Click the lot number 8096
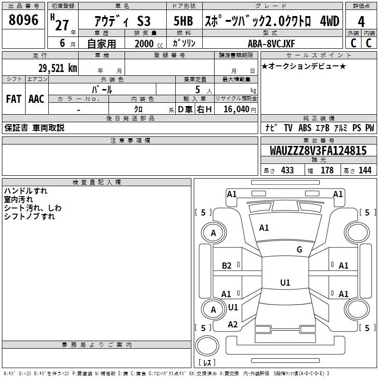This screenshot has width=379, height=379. pyautogui.click(x=23, y=20)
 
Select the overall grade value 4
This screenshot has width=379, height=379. pyautogui.click(x=361, y=22)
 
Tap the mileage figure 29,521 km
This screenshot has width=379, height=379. pyautogui.click(x=57, y=68)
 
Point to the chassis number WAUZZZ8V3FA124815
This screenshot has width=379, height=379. pyautogui.click(x=318, y=151)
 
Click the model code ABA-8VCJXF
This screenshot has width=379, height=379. pyautogui.click(x=271, y=44)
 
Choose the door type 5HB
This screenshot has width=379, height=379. pyautogui.click(x=183, y=21)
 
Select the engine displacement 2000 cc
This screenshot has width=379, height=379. pyautogui.click(x=149, y=44)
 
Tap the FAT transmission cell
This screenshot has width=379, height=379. pyautogui.click(x=14, y=99)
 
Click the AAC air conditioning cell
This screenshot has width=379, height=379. pyautogui.click(x=36, y=99)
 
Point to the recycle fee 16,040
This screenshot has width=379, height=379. pyautogui.click(x=236, y=109)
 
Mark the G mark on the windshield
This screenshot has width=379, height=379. pyautogui.click(x=299, y=250)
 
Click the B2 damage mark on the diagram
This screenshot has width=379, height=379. pyautogui.click(x=226, y=266)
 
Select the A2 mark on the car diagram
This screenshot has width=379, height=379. pyautogui.click(x=233, y=325)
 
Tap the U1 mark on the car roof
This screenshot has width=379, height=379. pyautogui.click(x=285, y=282)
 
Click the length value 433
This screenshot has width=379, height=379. pyautogui.click(x=288, y=171)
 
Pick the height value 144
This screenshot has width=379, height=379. pyautogui.click(x=365, y=171)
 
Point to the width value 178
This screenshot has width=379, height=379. pyautogui.click(x=327, y=171)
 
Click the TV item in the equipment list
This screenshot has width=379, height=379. pyautogui.click(x=288, y=128)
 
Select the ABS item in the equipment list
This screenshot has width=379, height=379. pyautogui.click(x=305, y=128)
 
